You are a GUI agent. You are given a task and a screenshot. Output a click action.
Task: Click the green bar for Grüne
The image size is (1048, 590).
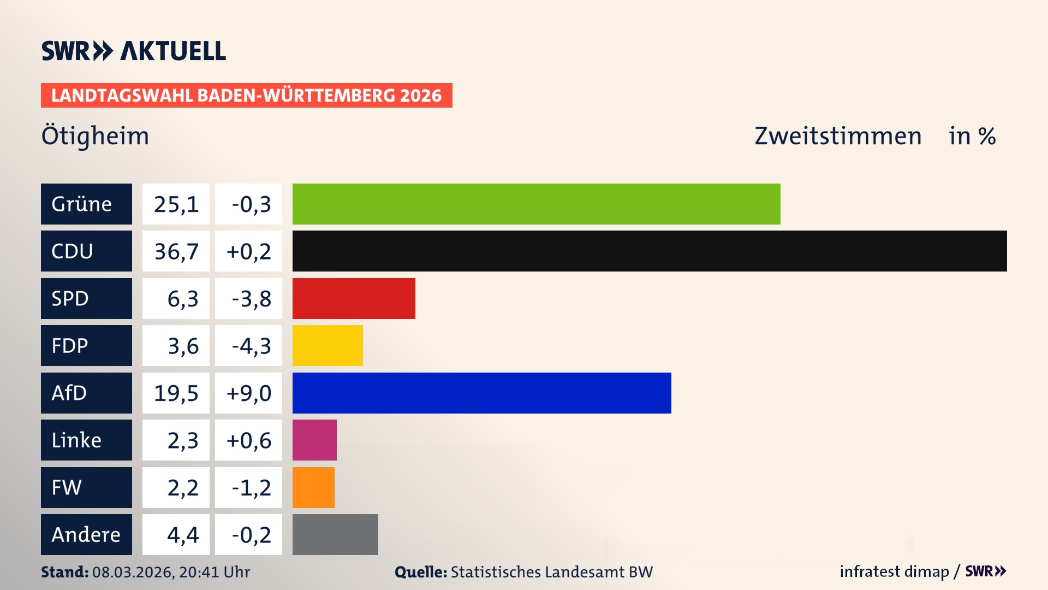coord(536,204)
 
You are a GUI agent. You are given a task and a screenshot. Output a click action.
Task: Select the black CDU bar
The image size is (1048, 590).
coord(650,251)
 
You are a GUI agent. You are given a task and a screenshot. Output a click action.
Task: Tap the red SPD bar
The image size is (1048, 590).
coord(354,298)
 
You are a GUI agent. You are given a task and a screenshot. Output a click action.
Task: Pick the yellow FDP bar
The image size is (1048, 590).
coord(327,345)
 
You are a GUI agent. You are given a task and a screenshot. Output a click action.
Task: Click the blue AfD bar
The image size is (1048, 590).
coord(481,393)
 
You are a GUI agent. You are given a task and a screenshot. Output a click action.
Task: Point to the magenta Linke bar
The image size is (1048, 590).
coord(314,440)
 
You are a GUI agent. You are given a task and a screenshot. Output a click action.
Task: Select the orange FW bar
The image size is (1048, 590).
coord(313,487)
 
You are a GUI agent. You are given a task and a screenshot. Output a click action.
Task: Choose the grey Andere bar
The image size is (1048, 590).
coord(335,534)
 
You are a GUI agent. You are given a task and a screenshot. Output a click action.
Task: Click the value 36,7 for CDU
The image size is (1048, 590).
coord(176,251)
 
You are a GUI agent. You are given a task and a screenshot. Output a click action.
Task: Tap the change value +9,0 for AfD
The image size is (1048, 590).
coord(249,393)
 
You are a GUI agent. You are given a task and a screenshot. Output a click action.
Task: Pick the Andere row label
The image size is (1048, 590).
coord(86,534)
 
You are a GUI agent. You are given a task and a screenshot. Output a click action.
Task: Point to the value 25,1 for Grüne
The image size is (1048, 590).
coord(176,204)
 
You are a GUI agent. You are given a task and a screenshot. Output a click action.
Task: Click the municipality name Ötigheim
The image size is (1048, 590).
coord(95,135)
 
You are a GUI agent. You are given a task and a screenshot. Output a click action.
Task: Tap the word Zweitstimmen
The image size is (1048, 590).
coord(837,135)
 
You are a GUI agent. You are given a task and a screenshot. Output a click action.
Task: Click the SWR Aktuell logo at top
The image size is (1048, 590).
coord(133,51)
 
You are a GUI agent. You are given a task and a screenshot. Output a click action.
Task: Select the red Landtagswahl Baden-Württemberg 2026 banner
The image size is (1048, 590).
coord(246,95)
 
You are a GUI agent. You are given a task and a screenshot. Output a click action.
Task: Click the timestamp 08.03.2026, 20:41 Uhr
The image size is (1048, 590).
coord(171,571)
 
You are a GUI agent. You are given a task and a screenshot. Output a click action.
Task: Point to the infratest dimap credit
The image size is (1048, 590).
coord(894,571)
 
